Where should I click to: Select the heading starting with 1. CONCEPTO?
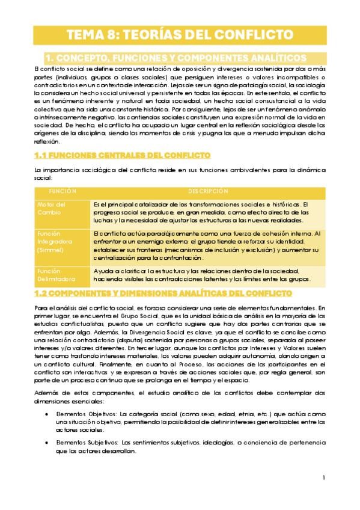click(x=175, y=58)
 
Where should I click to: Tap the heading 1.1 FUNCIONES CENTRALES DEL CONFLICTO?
click(x=123, y=155)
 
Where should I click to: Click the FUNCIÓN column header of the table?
click(x=63, y=192)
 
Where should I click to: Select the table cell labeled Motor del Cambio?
click(x=52, y=209)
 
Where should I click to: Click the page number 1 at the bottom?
click(x=323, y=478)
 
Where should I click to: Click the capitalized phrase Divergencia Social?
click(x=154, y=331)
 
